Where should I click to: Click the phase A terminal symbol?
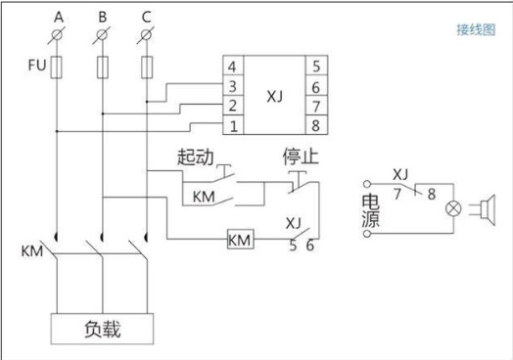pyautogui.click(x=57, y=34)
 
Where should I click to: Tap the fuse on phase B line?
pyautogui.click(x=103, y=67)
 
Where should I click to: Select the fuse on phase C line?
pyautogui.click(x=147, y=67)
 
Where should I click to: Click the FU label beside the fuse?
pyautogui.click(x=37, y=65)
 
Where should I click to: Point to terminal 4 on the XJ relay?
pyautogui.click(x=232, y=67)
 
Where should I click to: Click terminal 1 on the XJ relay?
pyautogui.click(x=233, y=125)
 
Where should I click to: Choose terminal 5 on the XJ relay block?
pyautogui.click(x=316, y=67)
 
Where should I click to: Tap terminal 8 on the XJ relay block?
pyautogui.click(x=315, y=125)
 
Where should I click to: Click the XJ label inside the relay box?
pyautogui.click(x=274, y=96)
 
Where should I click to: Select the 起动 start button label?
pyautogui.click(x=196, y=157)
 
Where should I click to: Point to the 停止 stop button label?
pyautogui.click(x=301, y=157)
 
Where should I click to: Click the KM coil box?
pyautogui.click(x=241, y=240)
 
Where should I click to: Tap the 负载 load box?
pyautogui.click(x=102, y=329)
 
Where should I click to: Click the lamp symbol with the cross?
pyautogui.click(x=453, y=208)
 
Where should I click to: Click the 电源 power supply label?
pyautogui.click(x=371, y=211)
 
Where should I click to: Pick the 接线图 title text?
pyautogui.click(x=476, y=29)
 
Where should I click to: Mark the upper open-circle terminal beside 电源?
pyautogui.click(x=367, y=184)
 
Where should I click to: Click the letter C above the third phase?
pyautogui.click(x=147, y=17)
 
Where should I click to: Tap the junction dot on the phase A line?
pyautogui.click(x=57, y=131)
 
